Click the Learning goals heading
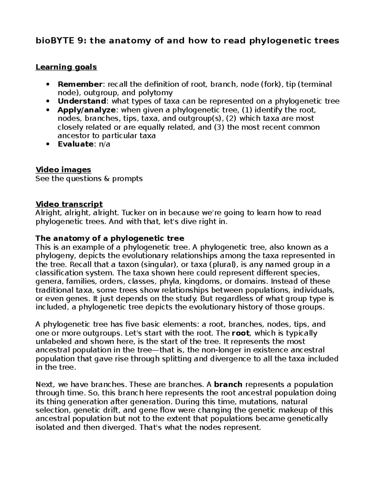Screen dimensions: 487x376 [x=66, y=67]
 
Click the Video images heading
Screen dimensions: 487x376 [x=63, y=170]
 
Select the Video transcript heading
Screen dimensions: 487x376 [x=69, y=204]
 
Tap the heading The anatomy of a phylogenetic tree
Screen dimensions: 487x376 [x=110, y=238]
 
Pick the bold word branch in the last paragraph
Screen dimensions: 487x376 [x=228, y=384]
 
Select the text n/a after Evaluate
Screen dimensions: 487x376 [x=104, y=144]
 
